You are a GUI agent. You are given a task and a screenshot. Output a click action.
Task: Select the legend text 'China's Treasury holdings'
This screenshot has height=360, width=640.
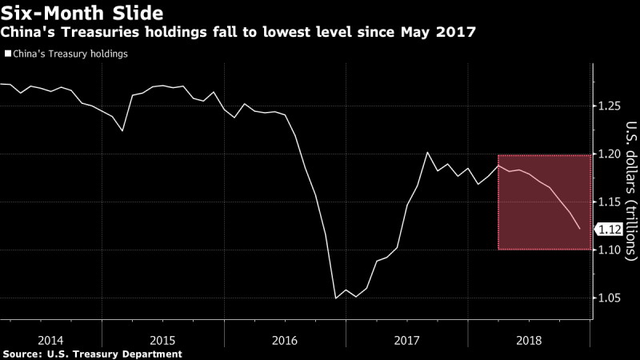tap(70, 54)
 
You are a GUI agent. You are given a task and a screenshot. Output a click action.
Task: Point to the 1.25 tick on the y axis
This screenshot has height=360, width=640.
tap(610, 106)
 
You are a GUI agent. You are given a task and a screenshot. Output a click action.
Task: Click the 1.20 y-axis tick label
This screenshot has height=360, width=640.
tap(610, 154)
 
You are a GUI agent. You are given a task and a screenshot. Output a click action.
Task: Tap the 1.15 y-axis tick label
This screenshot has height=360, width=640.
tap(610, 202)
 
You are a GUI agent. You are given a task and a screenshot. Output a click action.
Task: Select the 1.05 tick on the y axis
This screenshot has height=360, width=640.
tap(610, 298)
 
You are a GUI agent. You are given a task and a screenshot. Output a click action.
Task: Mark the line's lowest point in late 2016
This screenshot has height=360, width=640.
tap(335, 298)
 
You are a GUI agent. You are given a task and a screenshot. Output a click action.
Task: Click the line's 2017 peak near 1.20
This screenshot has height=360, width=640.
tap(426, 152)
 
